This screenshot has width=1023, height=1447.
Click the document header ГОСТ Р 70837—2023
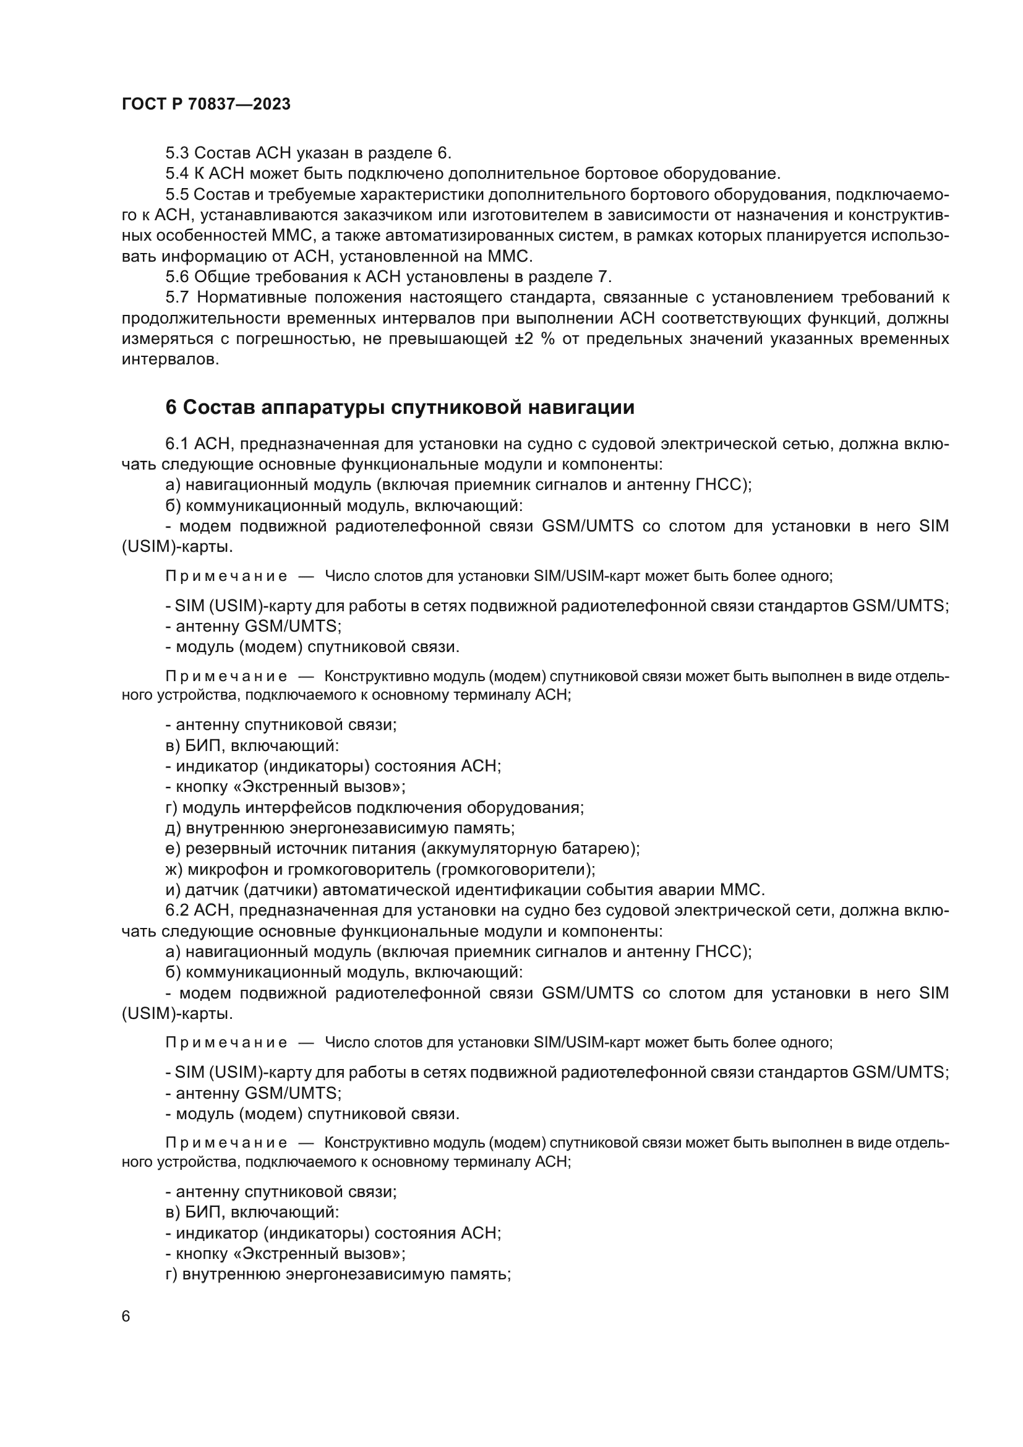point(206,105)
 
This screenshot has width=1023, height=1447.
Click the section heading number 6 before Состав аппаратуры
point(171,408)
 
